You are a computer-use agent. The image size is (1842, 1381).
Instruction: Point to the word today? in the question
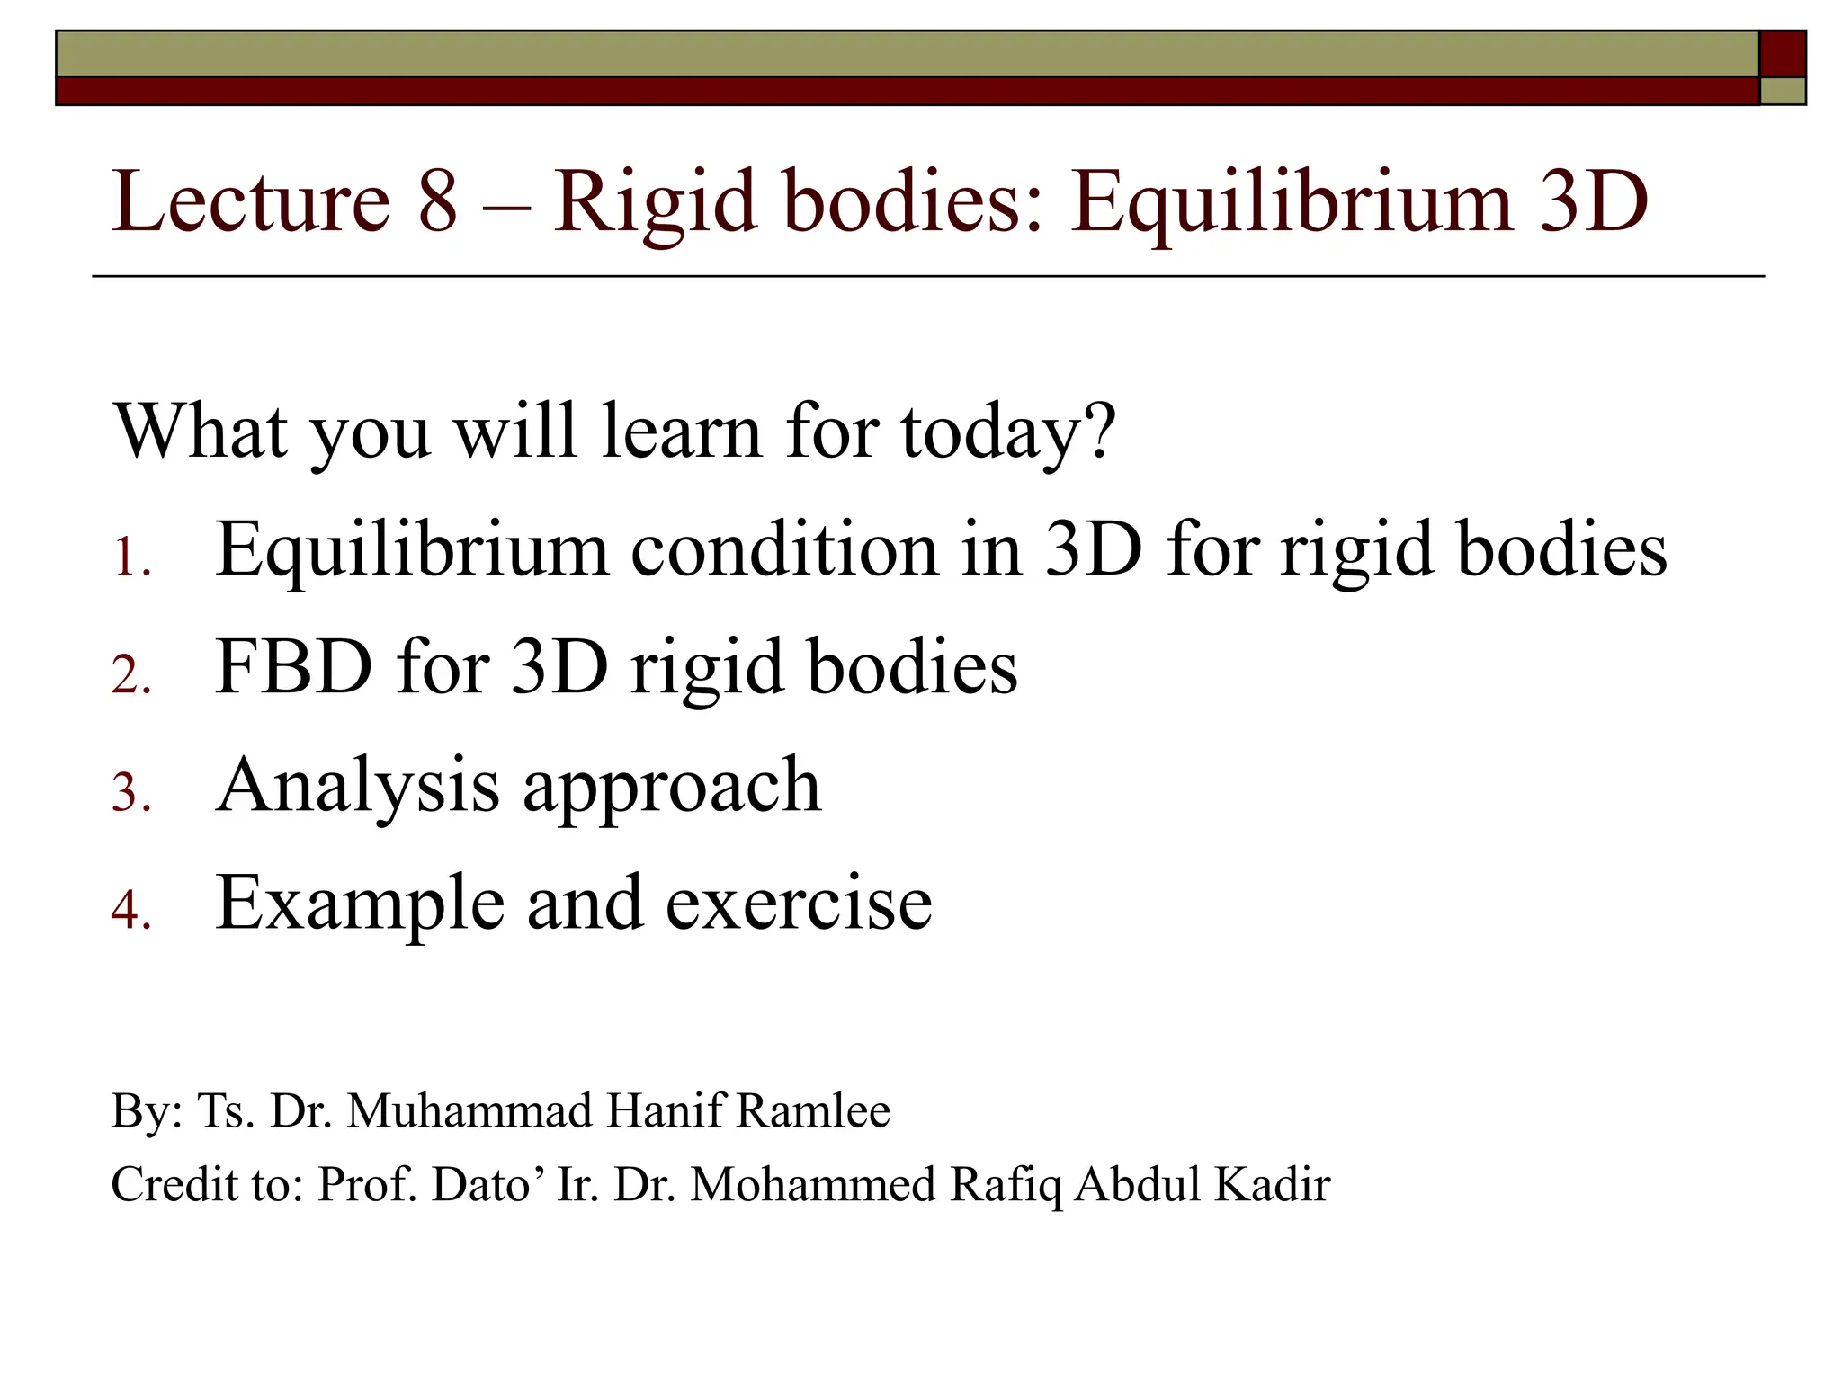coord(1008,433)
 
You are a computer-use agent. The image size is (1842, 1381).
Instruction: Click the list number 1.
coord(130,559)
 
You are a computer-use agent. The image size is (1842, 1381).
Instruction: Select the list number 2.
coord(130,676)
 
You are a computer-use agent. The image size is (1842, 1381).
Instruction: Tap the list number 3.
coord(130,795)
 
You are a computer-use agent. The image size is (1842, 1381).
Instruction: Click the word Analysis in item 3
coord(357,786)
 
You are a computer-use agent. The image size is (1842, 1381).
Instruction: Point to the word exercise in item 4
coord(799,903)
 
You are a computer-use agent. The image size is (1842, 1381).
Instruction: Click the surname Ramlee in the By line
coord(813,1111)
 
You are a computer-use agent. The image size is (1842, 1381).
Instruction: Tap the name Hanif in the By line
coord(665,1111)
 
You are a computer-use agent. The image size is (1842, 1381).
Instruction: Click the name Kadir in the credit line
coord(1272,1185)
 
